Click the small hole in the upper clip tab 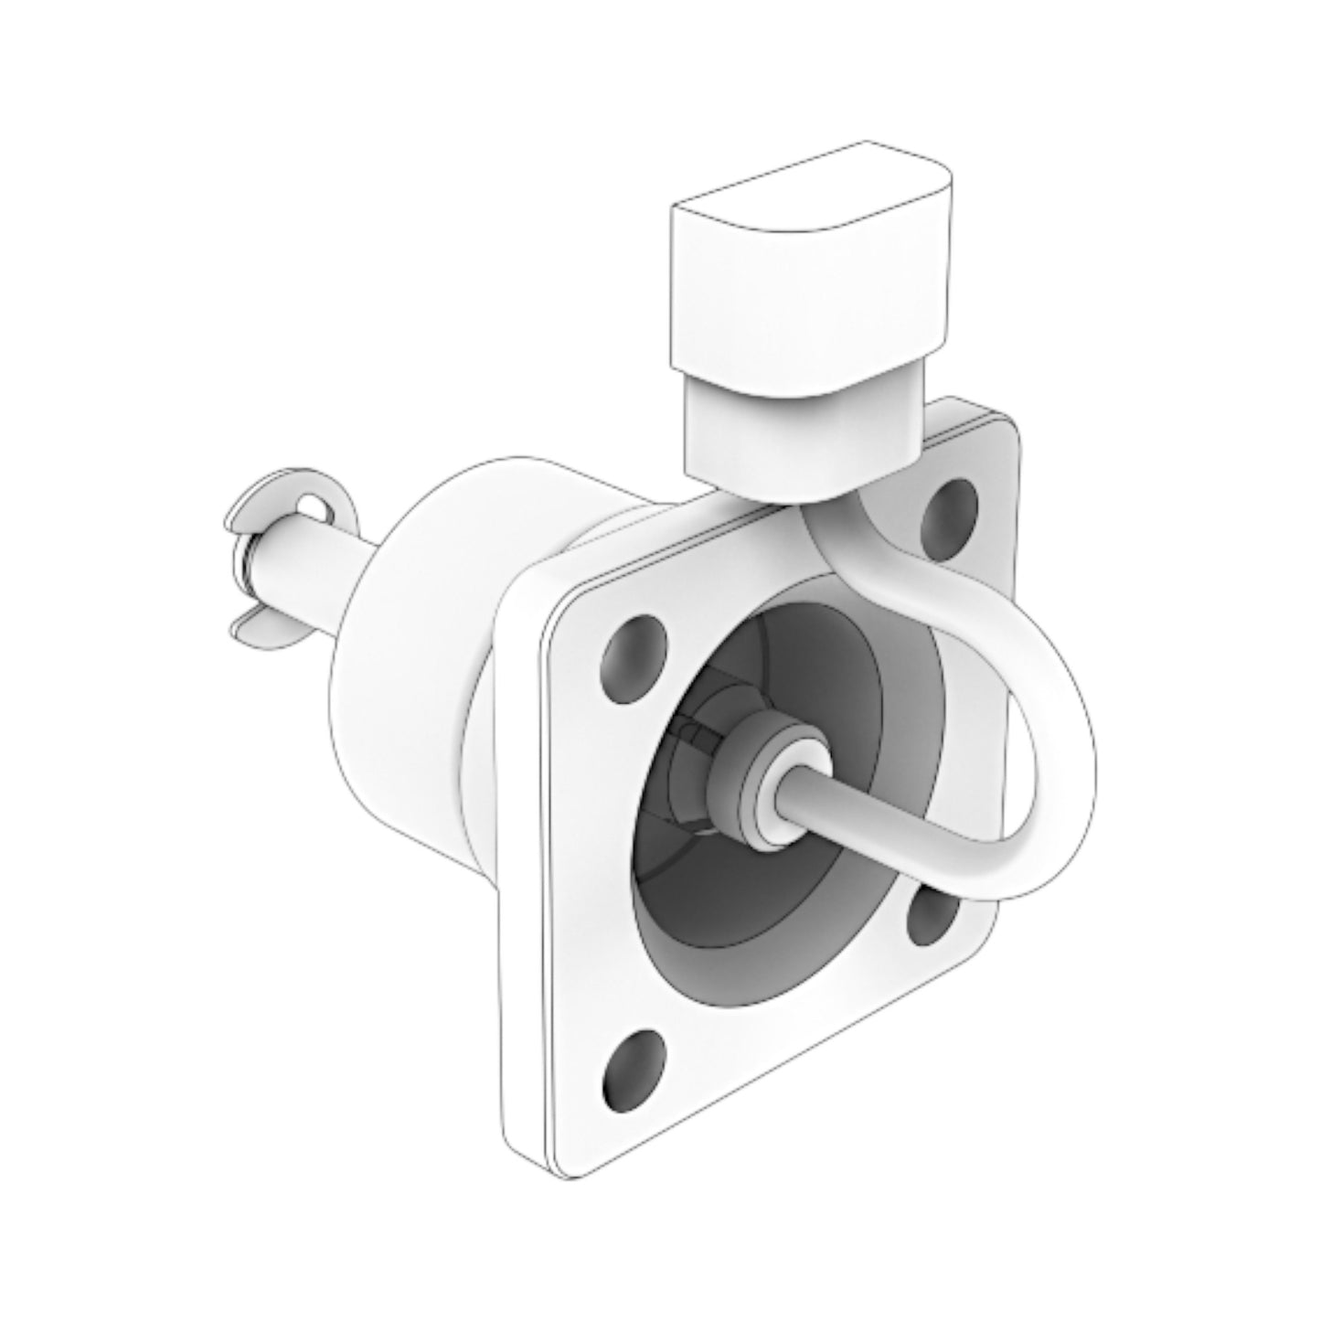(313, 506)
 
